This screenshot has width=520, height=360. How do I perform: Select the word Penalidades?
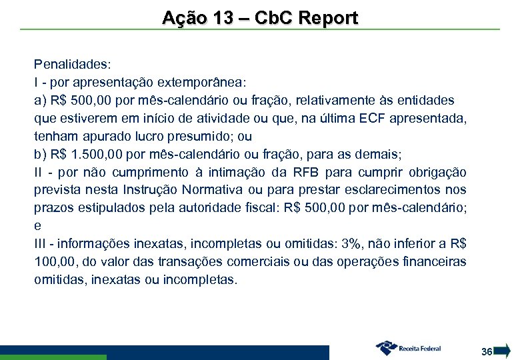click(73, 65)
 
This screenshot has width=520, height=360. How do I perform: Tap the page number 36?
click(487, 351)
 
